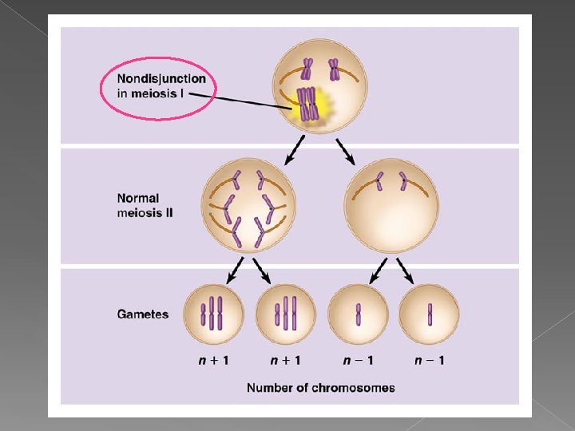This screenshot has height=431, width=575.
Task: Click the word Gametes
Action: [143, 314]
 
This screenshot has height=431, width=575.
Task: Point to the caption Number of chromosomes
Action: [320, 388]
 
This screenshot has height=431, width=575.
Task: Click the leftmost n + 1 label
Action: [213, 360]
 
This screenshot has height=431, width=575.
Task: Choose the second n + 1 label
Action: [286, 360]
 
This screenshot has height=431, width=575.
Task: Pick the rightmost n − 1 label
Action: [430, 360]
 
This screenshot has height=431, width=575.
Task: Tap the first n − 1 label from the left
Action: [358, 360]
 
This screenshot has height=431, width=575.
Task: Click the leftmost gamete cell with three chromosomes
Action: [213, 314]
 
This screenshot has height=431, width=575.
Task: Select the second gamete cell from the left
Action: [286, 314]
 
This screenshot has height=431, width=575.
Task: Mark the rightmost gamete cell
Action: [430, 314]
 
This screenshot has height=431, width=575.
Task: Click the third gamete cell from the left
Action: [358, 314]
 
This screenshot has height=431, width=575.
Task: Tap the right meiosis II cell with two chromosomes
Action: [391, 206]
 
